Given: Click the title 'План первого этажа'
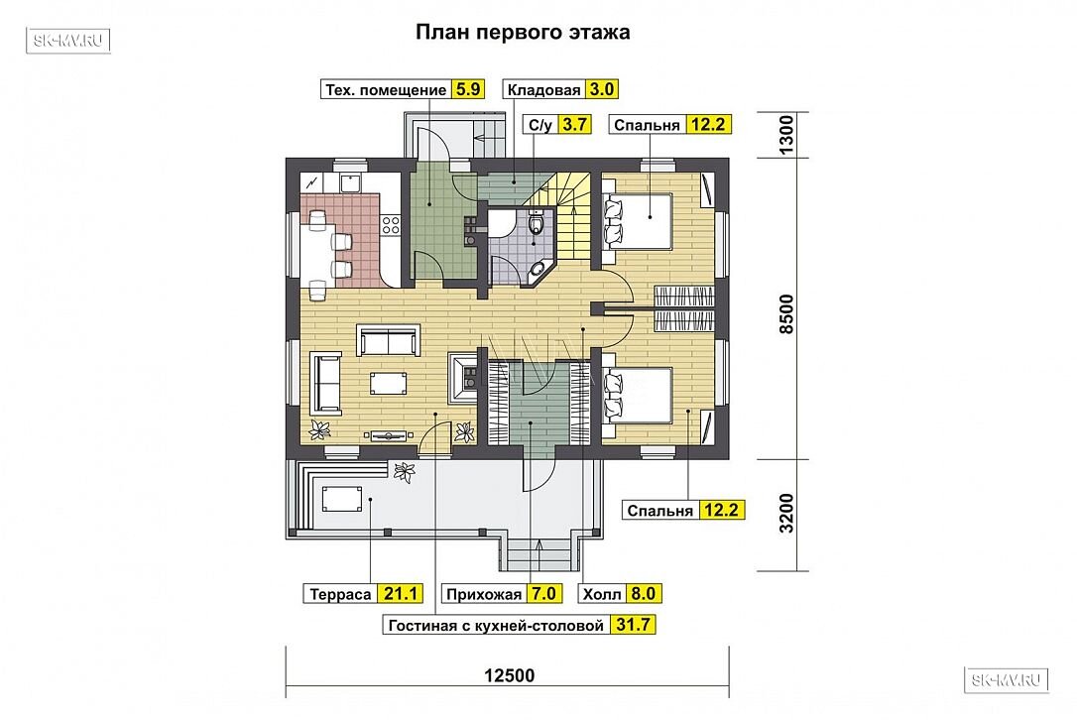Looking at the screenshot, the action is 523,33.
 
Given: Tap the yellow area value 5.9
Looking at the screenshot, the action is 468,89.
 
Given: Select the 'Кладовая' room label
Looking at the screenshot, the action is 544,90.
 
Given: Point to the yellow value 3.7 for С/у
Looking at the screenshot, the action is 573,124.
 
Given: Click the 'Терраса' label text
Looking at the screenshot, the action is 340,594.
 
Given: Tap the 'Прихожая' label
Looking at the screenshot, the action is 484,594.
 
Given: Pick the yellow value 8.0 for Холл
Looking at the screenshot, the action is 643,594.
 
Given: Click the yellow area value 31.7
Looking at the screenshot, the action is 633,625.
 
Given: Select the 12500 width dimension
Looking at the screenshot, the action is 509,676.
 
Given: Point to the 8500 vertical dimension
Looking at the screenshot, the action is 786,314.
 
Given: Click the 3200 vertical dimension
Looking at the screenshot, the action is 786,513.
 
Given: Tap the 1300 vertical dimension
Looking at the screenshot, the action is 786,135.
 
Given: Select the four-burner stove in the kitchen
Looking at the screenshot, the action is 390,224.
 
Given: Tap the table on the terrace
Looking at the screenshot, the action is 341,498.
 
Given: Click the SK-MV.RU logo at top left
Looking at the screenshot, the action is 68,41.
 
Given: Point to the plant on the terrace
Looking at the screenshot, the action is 404,472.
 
